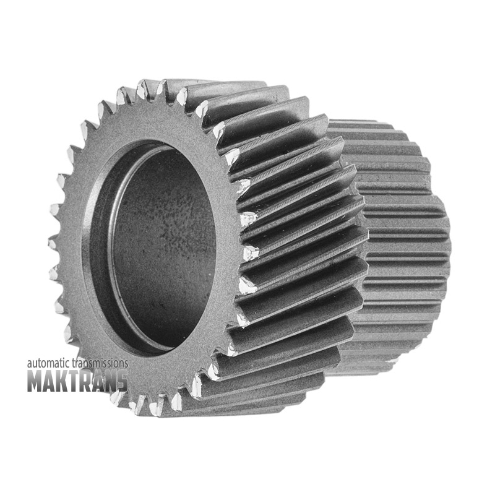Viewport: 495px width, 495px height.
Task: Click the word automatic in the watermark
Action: tap(49, 363)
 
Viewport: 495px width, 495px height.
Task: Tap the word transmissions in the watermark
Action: tap(100, 363)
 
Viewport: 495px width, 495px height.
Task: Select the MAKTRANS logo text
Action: tap(78, 381)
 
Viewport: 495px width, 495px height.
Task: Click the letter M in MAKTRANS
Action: tap(35, 381)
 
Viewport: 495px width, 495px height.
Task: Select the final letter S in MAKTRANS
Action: tap(122, 381)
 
